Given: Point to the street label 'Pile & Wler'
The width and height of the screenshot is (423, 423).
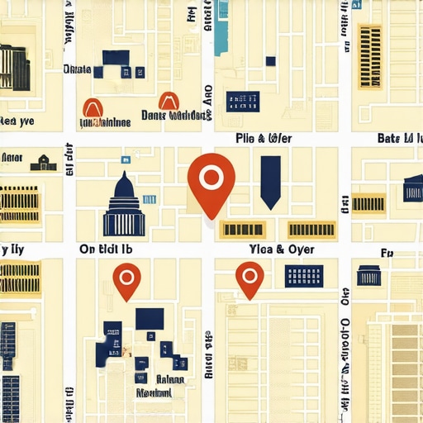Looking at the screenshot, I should coord(264,137).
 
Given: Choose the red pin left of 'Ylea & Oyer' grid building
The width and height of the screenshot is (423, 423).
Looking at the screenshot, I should coord(249,278).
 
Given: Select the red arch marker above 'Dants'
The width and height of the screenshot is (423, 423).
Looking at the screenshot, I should coord(169,101).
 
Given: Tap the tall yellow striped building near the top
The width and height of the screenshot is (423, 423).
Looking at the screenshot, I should coord(369,55).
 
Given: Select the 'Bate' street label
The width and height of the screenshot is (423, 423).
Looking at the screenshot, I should coord(400,138).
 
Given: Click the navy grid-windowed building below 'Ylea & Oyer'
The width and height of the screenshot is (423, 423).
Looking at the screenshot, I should coord(302,276).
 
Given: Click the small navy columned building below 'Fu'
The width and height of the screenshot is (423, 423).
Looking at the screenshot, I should coord(369,275).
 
